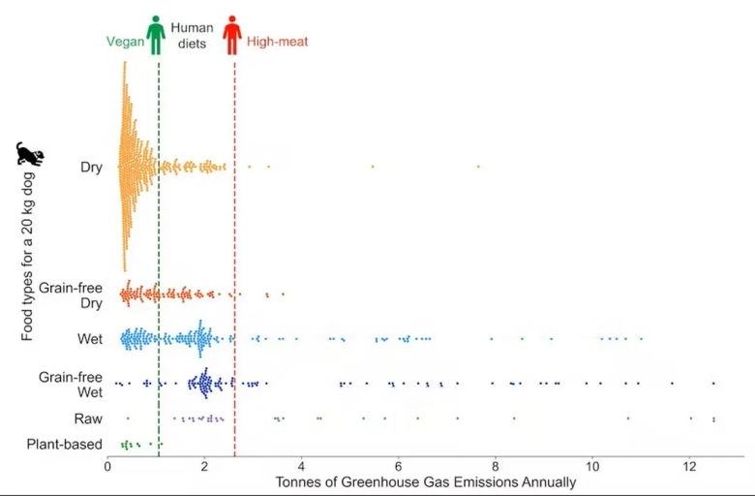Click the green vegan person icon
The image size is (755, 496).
[156, 35]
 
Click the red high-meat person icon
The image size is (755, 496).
[232, 35]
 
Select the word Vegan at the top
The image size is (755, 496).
[125, 43]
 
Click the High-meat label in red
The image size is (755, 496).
[278, 43]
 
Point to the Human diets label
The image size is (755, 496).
[192, 36]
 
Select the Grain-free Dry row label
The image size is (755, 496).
[71, 295]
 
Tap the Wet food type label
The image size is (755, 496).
[90, 339]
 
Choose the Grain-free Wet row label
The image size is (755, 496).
[71, 385]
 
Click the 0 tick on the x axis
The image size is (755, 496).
[107, 466]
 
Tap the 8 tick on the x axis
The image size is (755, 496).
[496, 466]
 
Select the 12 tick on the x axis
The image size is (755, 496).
[689, 466]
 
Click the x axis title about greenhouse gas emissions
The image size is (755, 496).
[426, 481]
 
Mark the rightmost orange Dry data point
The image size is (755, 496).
[478, 167]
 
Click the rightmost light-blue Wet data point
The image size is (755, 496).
[641, 338]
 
